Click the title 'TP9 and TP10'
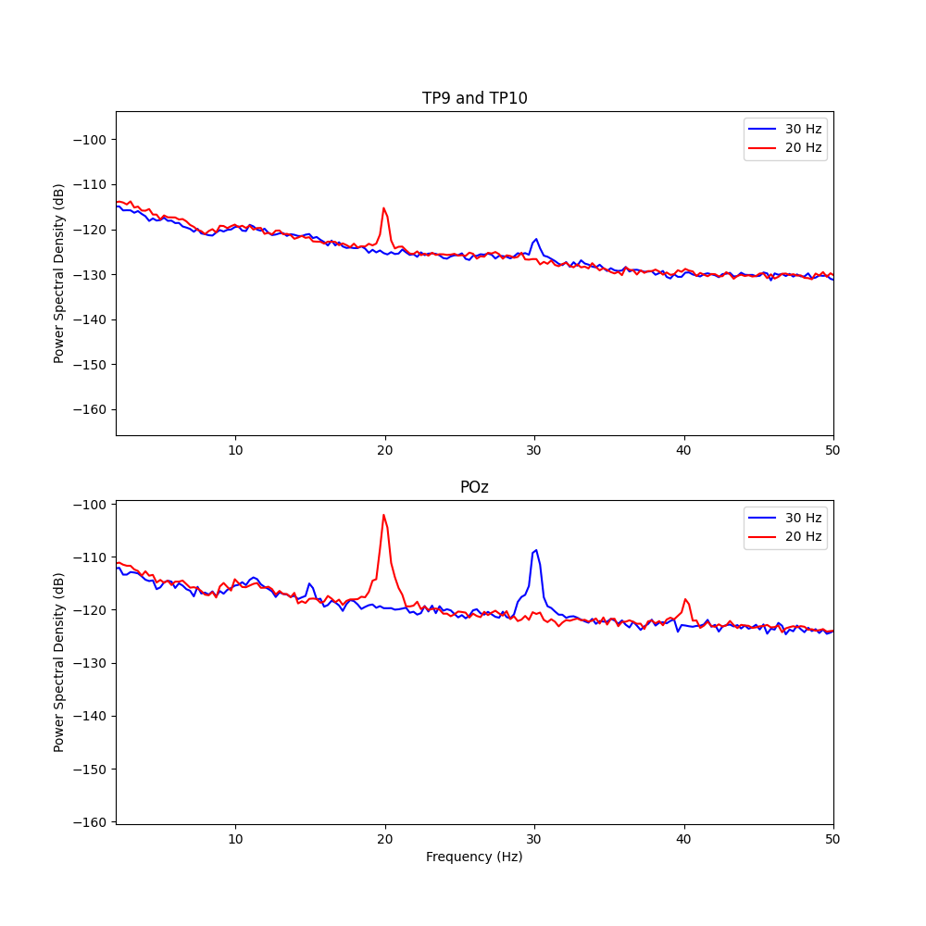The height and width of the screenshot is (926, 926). [474, 98]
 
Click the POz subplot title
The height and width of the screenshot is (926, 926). [474, 487]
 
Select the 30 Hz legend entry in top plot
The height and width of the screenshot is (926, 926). [785, 129]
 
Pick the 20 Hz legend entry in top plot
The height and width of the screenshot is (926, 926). [785, 147]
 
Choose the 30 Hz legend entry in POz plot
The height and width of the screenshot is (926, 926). [785, 518]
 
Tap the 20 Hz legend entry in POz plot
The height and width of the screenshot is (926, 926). [785, 536]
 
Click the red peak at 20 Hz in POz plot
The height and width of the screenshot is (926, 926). [383, 516]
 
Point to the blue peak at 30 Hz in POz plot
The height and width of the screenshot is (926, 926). [535, 550]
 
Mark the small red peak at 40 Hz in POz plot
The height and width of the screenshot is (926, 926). [685, 599]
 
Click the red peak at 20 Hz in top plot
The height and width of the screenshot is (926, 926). [384, 208]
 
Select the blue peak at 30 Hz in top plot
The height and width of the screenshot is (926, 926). [535, 239]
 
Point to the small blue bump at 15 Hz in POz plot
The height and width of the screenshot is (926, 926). [309, 583]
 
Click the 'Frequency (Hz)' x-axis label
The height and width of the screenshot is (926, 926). [474, 857]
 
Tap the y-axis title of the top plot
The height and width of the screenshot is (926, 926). [59, 273]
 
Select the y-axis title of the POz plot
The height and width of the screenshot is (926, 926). [59, 662]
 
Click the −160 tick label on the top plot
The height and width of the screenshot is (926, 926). [93, 409]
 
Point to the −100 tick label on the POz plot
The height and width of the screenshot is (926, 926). [93, 505]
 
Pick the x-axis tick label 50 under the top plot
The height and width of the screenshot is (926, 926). [832, 450]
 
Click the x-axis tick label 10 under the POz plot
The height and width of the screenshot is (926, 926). [235, 838]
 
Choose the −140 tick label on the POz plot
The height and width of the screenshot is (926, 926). [93, 716]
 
